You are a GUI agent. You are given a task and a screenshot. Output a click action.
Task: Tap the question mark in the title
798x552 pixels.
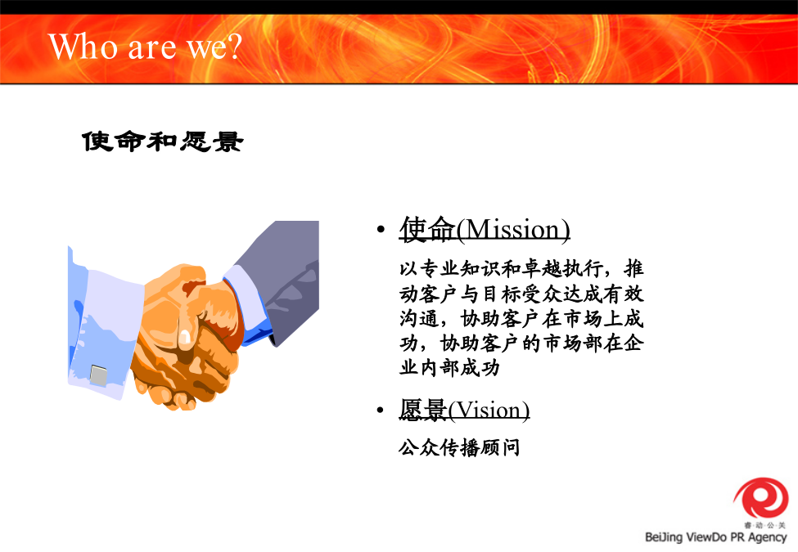coord(234,47)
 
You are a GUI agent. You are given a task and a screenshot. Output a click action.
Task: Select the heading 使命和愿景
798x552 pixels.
coord(163,141)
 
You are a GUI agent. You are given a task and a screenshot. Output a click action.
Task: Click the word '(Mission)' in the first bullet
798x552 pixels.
coord(513,230)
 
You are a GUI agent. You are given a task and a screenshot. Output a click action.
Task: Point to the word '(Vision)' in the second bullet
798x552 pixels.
coord(489,411)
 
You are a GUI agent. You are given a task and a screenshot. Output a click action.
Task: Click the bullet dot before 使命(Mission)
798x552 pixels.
coord(381,230)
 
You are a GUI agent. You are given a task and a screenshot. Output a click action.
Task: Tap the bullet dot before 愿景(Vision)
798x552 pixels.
coord(380,410)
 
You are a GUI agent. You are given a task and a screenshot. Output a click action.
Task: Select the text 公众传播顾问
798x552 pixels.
coord(459,448)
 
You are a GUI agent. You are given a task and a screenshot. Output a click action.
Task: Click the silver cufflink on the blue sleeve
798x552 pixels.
coord(99,375)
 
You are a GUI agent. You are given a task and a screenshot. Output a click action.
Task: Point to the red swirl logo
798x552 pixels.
coord(761,497)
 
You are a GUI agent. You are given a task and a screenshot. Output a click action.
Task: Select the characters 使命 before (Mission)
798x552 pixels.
coord(427,229)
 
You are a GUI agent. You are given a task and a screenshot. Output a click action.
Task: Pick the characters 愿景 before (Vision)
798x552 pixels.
coord(423,411)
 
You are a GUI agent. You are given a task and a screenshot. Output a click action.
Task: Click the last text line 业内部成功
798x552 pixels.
coord(449,367)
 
